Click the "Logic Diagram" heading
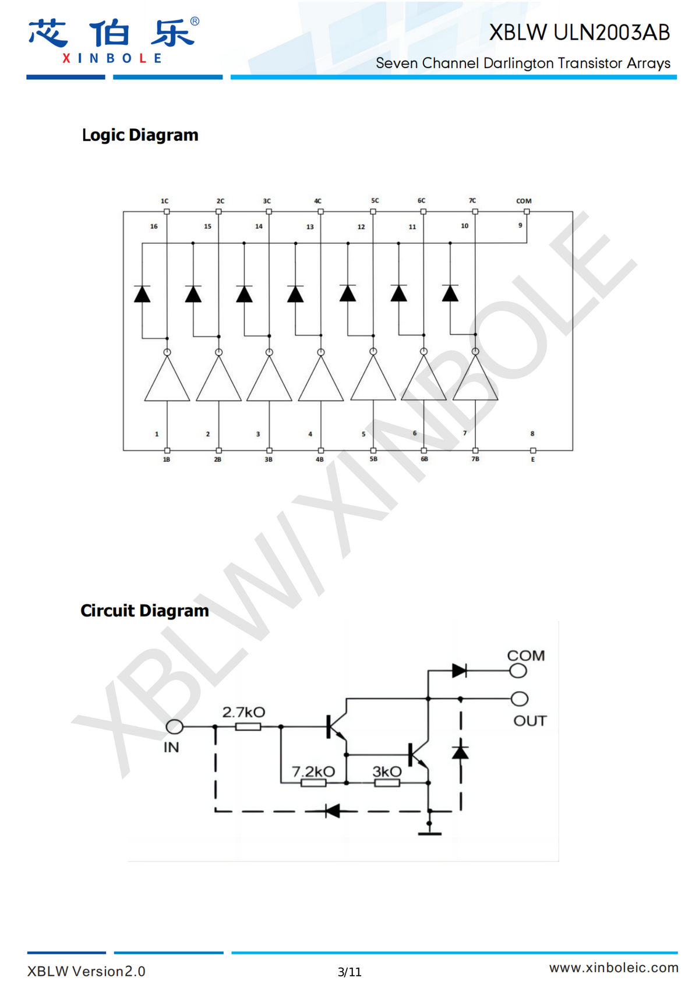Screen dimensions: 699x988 coord(140,135)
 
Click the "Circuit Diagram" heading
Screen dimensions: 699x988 coord(144,611)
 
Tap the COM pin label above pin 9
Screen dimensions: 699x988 coord(524,201)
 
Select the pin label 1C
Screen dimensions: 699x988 coord(165,201)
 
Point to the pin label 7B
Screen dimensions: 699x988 coord(475,459)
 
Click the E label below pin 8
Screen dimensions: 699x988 coord(532,459)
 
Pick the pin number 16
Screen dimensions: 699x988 coord(154,226)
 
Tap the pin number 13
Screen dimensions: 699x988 coord(310,226)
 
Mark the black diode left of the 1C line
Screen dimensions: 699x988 coord(142,294)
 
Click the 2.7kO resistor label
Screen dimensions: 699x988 coord(243,712)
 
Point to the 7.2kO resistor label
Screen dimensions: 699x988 coord(313,771)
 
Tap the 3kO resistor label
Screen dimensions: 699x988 coord(387,771)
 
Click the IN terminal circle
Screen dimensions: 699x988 coord(174,727)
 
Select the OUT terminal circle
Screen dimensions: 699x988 coord(520,699)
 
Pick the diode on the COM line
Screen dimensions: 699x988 coord(460,671)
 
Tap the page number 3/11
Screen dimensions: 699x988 coord(349,972)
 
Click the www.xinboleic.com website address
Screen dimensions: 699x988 coord(613,968)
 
